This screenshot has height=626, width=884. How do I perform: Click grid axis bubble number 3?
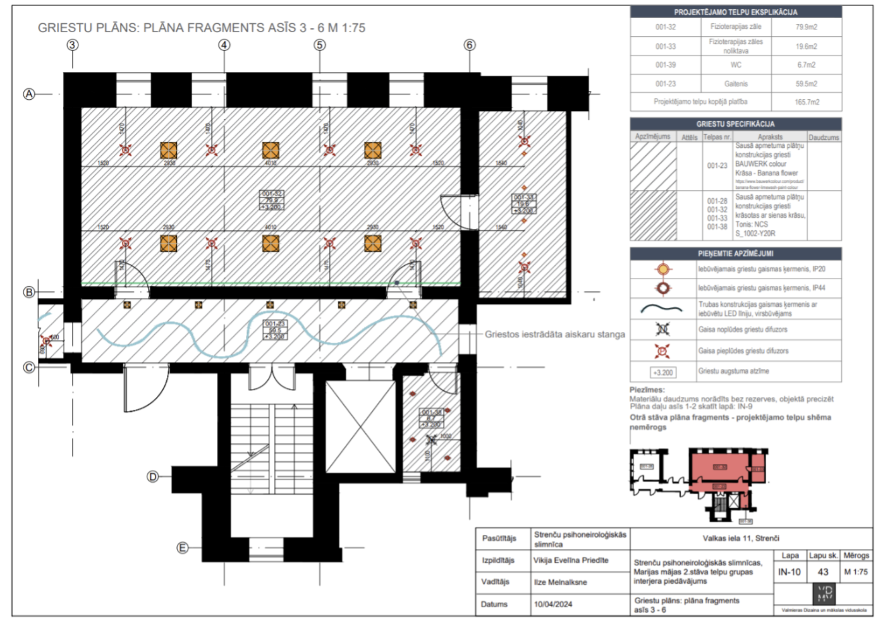point(72,45)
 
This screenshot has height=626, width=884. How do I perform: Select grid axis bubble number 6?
point(469,45)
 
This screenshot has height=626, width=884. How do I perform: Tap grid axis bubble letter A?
point(29,94)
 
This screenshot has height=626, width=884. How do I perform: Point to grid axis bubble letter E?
point(182,548)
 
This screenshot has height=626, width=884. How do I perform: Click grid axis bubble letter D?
point(153,477)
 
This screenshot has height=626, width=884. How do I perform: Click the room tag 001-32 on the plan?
point(271,200)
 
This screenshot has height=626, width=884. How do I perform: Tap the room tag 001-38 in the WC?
point(431,418)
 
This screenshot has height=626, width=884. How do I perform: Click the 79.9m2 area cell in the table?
point(806,27)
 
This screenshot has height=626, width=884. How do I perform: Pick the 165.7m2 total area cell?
point(806,102)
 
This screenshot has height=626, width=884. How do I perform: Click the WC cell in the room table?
point(735,65)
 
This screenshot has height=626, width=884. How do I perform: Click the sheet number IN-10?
point(790,572)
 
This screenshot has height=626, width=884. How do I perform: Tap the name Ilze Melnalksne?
point(560,582)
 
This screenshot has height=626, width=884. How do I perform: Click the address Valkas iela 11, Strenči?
point(741,538)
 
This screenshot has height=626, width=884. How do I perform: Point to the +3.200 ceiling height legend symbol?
point(663,372)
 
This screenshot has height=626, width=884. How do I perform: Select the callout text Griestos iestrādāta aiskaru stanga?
point(554,334)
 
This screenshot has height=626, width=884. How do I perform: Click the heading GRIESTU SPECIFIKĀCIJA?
point(735,124)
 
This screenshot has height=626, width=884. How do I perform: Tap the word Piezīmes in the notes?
point(647,389)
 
